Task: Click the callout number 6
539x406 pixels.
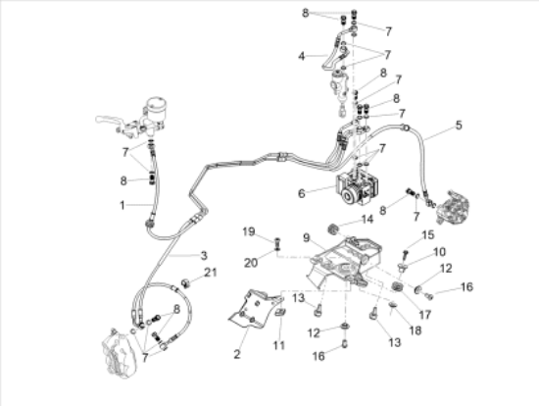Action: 302,194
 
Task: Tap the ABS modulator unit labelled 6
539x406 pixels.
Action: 357,188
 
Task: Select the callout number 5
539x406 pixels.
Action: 459,126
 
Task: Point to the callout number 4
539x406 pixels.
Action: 302,56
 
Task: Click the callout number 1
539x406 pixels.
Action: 122,205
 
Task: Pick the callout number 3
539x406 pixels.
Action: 204,256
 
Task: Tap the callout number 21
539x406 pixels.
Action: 211,273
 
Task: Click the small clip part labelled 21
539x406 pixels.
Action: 186,283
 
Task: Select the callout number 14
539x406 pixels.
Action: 367,219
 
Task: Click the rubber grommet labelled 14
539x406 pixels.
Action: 333,229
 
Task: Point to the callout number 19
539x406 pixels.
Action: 249,231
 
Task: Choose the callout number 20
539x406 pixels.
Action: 251,263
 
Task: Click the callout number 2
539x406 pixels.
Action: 237,354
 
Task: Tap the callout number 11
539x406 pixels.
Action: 279,345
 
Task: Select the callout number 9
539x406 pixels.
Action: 307,237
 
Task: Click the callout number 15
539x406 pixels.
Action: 428,235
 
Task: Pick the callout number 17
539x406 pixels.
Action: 425,315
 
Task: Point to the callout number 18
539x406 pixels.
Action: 416,330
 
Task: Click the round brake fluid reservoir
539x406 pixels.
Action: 156,106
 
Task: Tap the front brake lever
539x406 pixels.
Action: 108,120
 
